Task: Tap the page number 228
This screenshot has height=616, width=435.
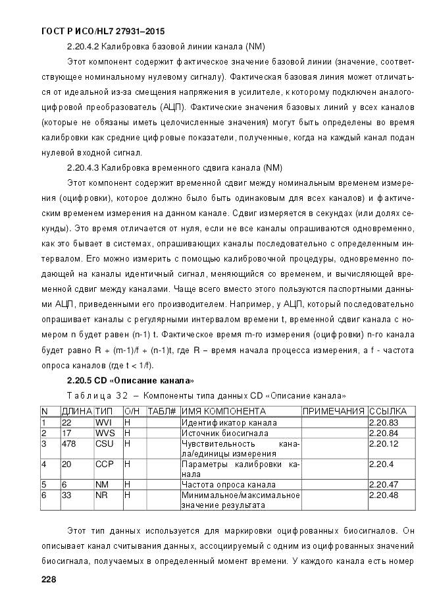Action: click(49, 580)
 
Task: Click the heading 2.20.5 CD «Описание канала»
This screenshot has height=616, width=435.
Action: click(130, 381)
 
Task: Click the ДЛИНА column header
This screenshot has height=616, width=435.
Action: click(76, 411)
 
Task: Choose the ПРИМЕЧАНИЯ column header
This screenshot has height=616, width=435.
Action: click(333, 411)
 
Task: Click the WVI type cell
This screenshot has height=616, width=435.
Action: click(104, 422)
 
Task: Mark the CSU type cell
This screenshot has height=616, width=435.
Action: click(104, 443)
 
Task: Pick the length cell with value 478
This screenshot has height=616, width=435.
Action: click(68, 443)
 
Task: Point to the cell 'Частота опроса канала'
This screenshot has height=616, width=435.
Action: click(224, 484)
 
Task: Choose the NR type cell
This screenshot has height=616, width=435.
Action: click(101, 495)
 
